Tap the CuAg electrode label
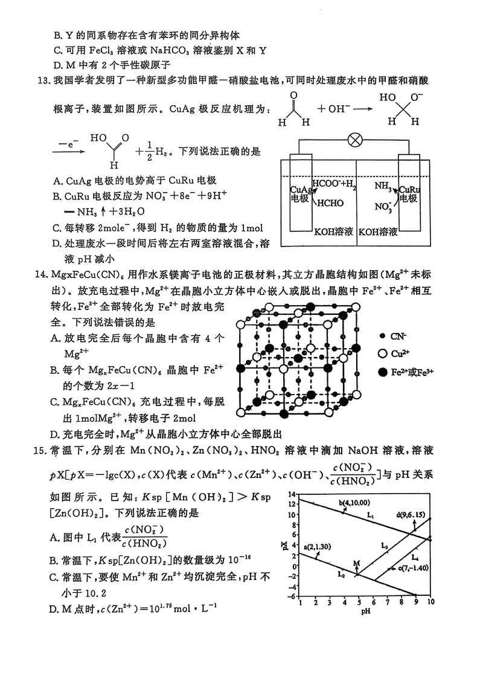tap(300, 194)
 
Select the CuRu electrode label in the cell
tap(409, 193)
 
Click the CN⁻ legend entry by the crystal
tap(397, 335)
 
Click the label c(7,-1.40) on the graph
tap(412, 568)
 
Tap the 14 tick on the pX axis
tap(293, 494)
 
